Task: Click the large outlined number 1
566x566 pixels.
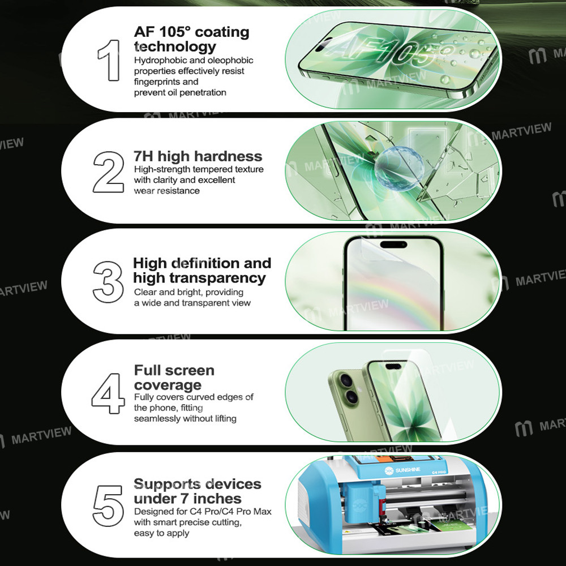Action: point(109,59)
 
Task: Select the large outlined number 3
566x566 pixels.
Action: point(108,281)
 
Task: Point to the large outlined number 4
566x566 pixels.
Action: point(108,392)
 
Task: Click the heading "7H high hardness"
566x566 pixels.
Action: point(198,156)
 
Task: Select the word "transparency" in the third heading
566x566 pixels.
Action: point(199,278)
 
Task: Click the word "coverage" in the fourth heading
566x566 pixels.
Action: point(168,385)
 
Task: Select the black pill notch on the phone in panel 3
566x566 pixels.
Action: point(394,245)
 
